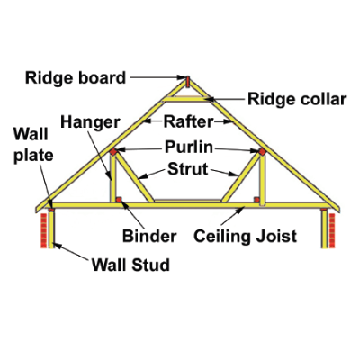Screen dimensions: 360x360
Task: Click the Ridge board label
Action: click(x=76, y=78)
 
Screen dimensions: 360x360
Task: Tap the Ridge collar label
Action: click(x=297, y=99)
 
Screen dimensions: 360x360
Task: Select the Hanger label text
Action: click(x=90, y=122)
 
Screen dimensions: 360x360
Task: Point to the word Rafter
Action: click(x=188, y=121)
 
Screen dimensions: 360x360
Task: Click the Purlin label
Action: click(x=189, y=148)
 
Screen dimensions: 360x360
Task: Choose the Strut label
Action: click(x=188, y=169)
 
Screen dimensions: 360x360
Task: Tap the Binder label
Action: click(x=149, y=236)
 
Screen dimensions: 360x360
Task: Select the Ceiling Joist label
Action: click(x=245, y=237)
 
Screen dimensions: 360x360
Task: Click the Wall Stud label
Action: click(x=130, y=265)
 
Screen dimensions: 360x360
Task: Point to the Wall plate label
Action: click(x=33, y=145)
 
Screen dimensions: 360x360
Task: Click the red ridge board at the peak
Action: click(x=187, y=81)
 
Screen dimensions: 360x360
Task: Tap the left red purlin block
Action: click(x=112, y=152)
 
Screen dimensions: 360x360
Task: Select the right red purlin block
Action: click(x=262, y=152)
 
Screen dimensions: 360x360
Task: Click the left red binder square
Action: click(x=119, y=200)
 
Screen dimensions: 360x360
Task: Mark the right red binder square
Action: click(x=256, y=200)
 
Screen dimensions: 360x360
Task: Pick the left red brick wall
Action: click(x=44, y=230)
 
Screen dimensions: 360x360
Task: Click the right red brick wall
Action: click(x=332, y=230)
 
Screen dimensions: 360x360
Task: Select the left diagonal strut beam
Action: click(x=135, y=177)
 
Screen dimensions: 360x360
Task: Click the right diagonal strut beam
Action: click(x=240, y=177)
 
